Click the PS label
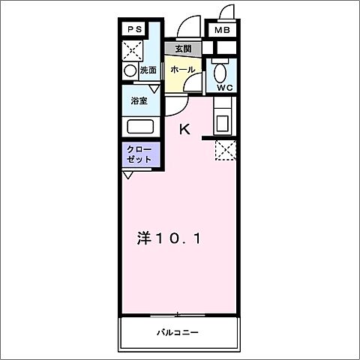pyautogui.click(x=134, y=29)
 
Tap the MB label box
pyautogui.click(x=222, y=30)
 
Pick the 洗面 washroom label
pyautogui.click(x=148, y=70)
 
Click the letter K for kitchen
pyautogui.click(x=184, y=129)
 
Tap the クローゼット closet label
pyautogui.click(x=139, y=154)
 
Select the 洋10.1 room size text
pyautogui.click(x=169, y=239)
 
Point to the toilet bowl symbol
pyautogui.click(x=220, y=73)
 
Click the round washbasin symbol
pyautogui.click(x=130, y=70)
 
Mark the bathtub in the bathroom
pyautogui.click(x=140, y=126)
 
